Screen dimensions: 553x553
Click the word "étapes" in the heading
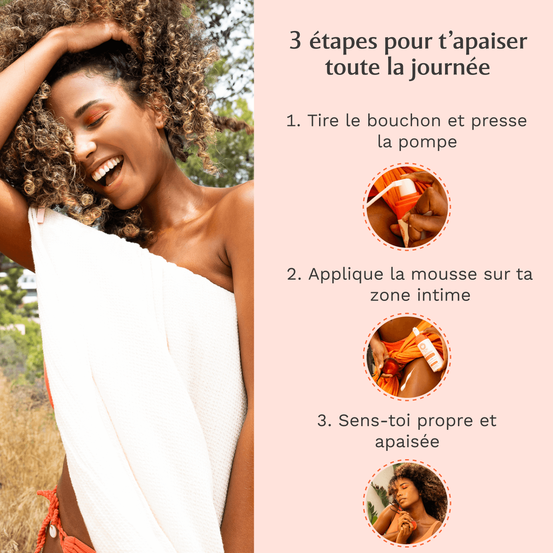[343, 42]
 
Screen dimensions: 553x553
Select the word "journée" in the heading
[450, 68]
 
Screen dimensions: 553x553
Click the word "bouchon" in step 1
[404, 121]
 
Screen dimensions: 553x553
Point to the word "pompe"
[427, 142]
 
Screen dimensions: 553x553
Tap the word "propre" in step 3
[445, 421]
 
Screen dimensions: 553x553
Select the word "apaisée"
[407, 442]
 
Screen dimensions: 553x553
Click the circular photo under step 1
[407, 207]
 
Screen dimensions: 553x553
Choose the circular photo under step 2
[407, 357]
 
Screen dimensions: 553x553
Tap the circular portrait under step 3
[407, 503]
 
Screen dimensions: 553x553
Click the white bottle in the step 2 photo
[429, 349]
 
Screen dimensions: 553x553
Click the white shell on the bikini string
[53, 530]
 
